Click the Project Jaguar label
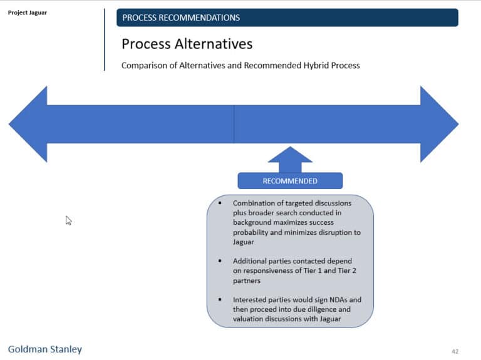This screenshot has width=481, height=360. tap(27, 13)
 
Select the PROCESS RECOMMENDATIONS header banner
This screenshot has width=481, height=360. tap(287, 18)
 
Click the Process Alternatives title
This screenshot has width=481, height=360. tap(187, 44)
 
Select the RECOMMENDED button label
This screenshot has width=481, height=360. tap(290, 181)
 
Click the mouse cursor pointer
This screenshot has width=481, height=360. tap(68, 220)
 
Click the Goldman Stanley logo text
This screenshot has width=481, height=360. tap(44, 349)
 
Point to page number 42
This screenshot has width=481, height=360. tap(455, 351)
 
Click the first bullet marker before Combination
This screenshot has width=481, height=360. tap(220, 203)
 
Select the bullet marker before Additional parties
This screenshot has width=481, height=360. tap(220, 261)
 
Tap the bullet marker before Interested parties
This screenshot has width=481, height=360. tap(220, 300)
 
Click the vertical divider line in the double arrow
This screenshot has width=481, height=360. tap(234, 124)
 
